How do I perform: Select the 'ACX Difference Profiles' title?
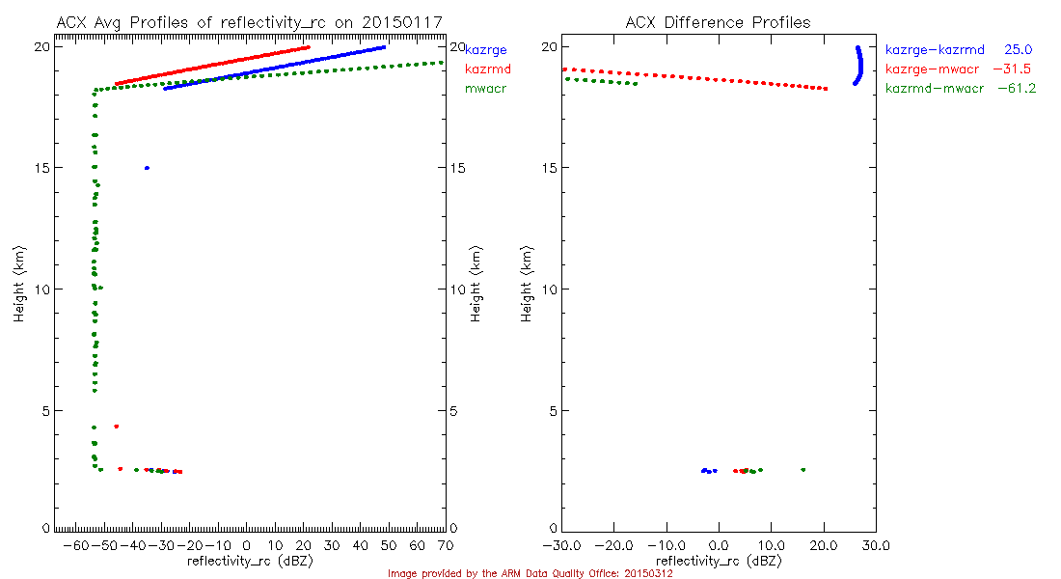718,22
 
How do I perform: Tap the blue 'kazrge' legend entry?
486,49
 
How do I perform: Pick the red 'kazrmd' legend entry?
487,69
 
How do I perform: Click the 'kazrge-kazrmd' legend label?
934,49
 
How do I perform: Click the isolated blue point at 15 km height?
147,168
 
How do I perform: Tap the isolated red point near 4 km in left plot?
116,426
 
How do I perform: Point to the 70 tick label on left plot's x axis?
446,545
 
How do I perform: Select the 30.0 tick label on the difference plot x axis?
874,545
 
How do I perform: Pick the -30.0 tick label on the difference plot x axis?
560,545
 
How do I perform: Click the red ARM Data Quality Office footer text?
530,573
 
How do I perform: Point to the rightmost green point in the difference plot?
803,470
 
